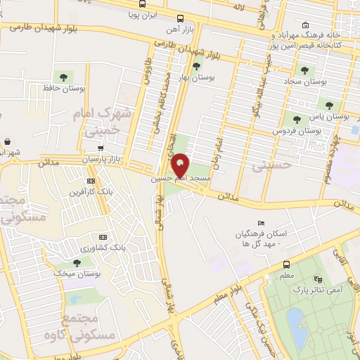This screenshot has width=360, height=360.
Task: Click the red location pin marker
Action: point(181,164)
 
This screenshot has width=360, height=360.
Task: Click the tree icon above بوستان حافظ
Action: point(65,77)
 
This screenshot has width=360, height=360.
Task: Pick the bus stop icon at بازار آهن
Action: point(181,19)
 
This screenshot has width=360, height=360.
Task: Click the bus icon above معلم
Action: point(286,264)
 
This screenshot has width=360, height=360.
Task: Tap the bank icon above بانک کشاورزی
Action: point(104,236)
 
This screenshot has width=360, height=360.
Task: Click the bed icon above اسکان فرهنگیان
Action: point(262,224)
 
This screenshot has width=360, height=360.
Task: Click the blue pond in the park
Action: point(297,328)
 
